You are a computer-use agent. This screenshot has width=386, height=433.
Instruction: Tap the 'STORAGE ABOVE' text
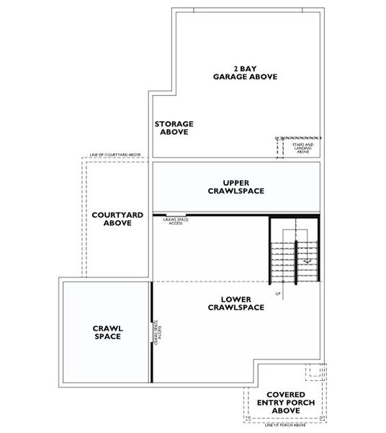point(174,128)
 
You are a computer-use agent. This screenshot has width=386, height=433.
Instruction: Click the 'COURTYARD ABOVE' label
point(117,219)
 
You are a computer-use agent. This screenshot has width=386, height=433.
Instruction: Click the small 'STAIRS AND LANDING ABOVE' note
point(302,148)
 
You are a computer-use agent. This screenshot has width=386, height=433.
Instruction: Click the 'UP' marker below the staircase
point(277,294)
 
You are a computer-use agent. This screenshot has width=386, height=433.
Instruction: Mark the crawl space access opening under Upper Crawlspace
point(176,215)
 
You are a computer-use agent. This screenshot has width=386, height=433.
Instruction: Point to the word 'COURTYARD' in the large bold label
point(117,214)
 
